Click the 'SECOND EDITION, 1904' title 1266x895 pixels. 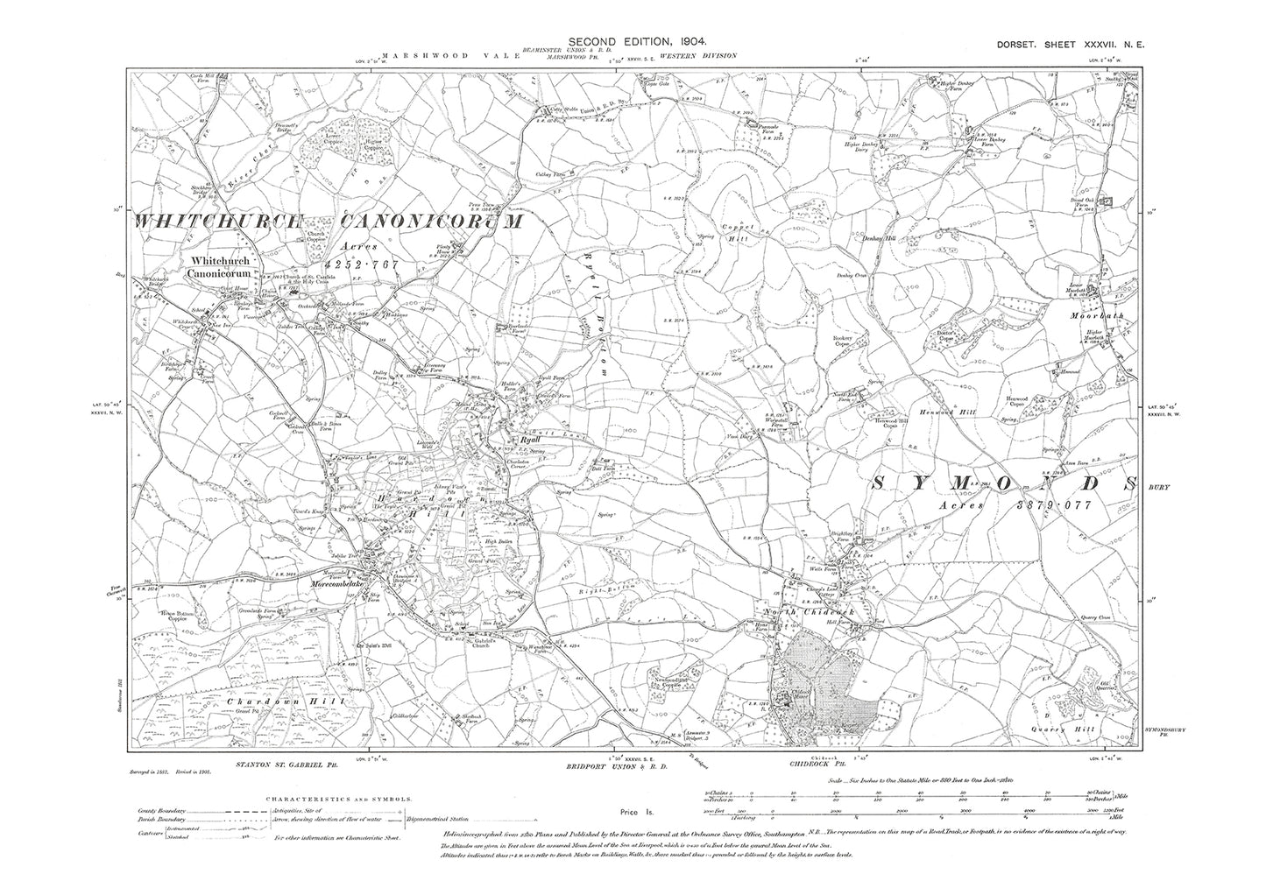point(632,41)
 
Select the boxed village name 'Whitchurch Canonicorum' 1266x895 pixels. point(223,267)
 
